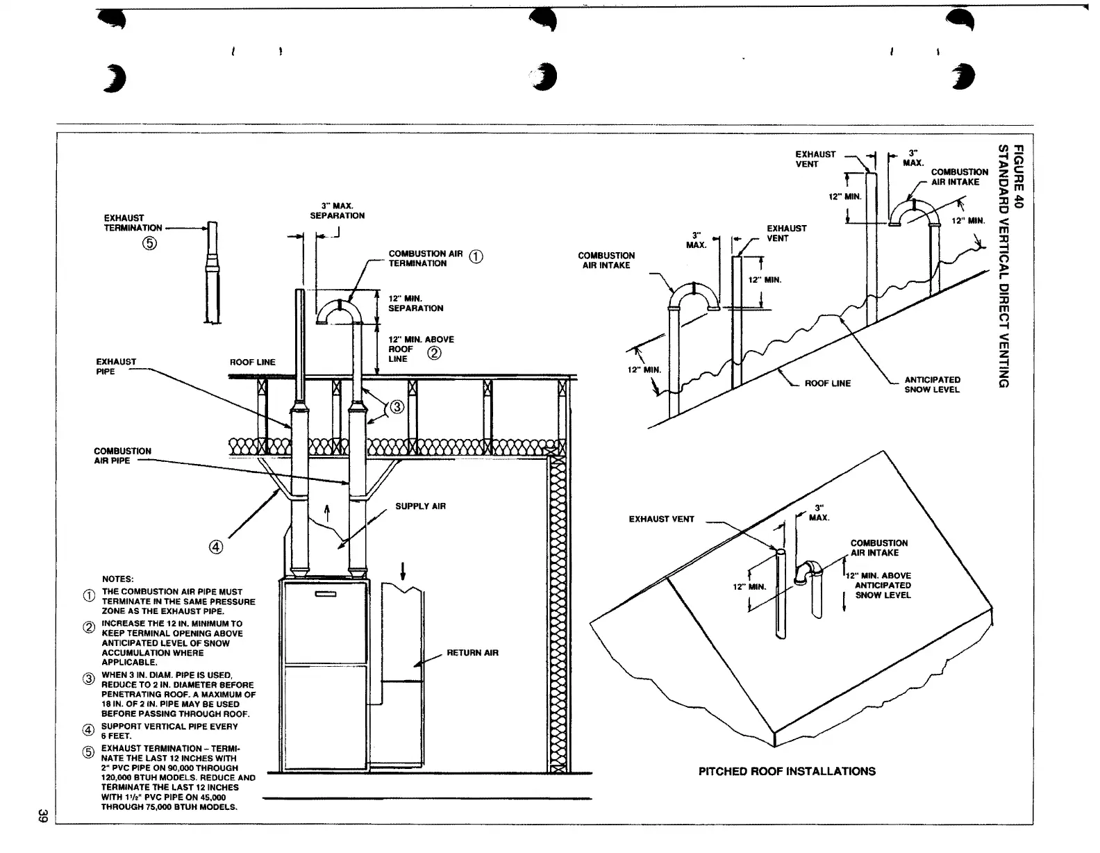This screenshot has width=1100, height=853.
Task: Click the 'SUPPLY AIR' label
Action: click(x=420, y=506)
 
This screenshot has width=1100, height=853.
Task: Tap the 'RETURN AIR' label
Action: click(x=472, y=653)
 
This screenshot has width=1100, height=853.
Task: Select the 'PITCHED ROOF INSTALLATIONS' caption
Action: click(x=787, y=772)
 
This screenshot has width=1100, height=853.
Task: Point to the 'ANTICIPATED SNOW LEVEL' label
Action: click(x=932, y=385)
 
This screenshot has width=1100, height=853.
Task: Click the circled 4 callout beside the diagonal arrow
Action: click(x=216, y=547)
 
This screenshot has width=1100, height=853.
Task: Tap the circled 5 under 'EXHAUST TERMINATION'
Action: click(x=150, y=243)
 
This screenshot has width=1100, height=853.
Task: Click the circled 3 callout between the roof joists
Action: click(x=397, y=408)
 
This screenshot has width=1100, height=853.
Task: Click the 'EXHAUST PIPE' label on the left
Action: click(x=116, y=366)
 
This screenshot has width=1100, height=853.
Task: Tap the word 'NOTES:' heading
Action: click(x=118, y=579)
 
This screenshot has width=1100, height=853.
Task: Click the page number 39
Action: click(x=42, y=817)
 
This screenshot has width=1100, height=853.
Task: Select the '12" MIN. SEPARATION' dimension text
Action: click(x=415, y=304)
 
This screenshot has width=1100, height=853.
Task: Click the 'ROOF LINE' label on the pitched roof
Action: click(x=827, y=383)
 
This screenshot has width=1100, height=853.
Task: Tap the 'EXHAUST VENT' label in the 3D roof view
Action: click(x=661, y=519)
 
